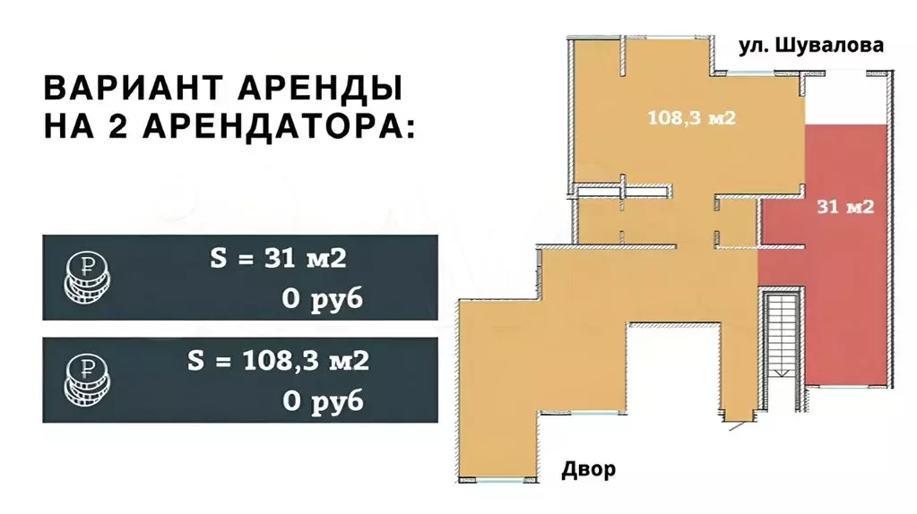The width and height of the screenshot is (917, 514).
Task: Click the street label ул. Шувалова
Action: pyautogui.click(x=810, y=46)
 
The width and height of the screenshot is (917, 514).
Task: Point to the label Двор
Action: pyautogui.click(x=589, y=469)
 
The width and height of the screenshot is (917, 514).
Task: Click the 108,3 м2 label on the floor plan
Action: pyautogui.click(x=691, y=117)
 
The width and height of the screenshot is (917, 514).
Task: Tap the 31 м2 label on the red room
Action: pyautogui.click(x=845, y=207)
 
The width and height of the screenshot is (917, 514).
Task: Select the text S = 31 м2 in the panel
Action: pyautogui.click(x=277, y=260)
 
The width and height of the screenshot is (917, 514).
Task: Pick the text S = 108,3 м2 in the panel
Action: pyautogui.click(x=279, y=362)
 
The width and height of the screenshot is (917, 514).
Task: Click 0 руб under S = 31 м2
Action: pyautogui.click(x=323, y=299)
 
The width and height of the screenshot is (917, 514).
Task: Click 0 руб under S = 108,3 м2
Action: pyautogui.click(x=323, y=401)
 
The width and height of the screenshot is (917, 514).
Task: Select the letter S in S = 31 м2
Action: pyautogui.click(x=218, y=260)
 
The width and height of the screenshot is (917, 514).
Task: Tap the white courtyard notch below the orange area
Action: pyautogui.click(x=671, y=367)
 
